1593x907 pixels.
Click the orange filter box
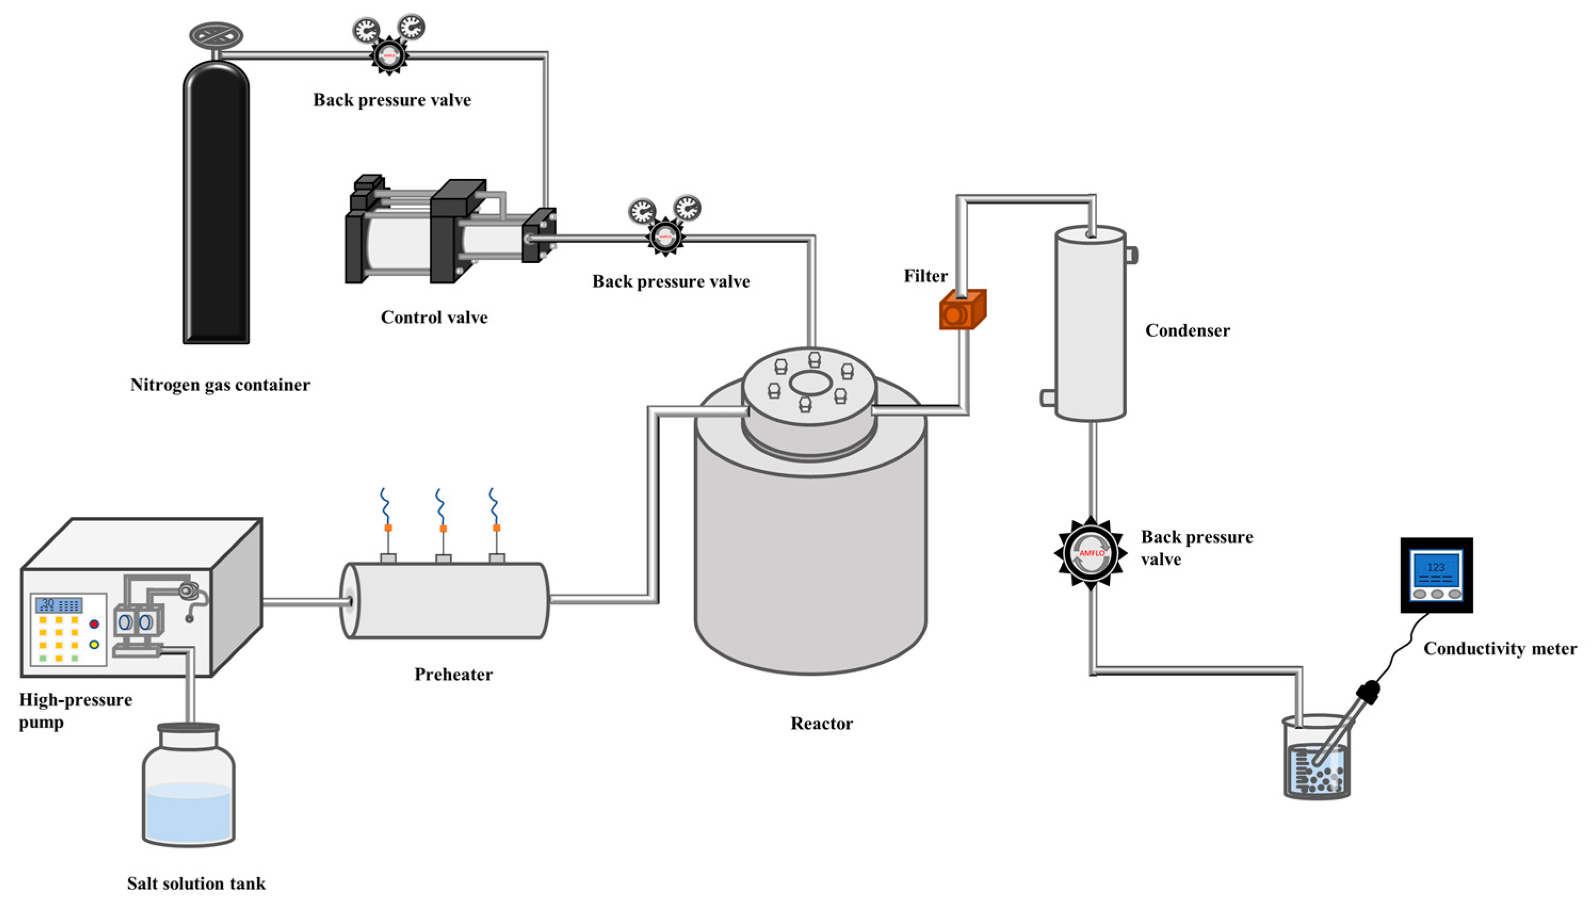click(x=962, y=310)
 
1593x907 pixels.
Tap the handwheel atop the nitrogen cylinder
click(x=216, y=36)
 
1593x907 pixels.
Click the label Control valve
click(x=434, y=318)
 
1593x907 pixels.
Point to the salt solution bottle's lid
click(x=188, y=727)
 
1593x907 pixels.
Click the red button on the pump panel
click(x=94, y=623)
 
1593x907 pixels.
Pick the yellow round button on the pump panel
click(x=94, y=645)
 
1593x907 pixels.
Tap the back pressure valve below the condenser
click(x=1091, y=553)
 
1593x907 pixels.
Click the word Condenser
click(x=1187, y=331)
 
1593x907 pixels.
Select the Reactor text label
click(x=822, y=724)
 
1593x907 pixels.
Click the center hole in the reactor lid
click(x=810, y=383)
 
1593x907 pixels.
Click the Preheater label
click(x=453, y=675)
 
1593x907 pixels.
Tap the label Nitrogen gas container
click(x=220, y=385)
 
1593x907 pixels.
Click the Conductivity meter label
click(x=1500, y=649)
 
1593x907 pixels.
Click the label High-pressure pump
click(x=75, y=711)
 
